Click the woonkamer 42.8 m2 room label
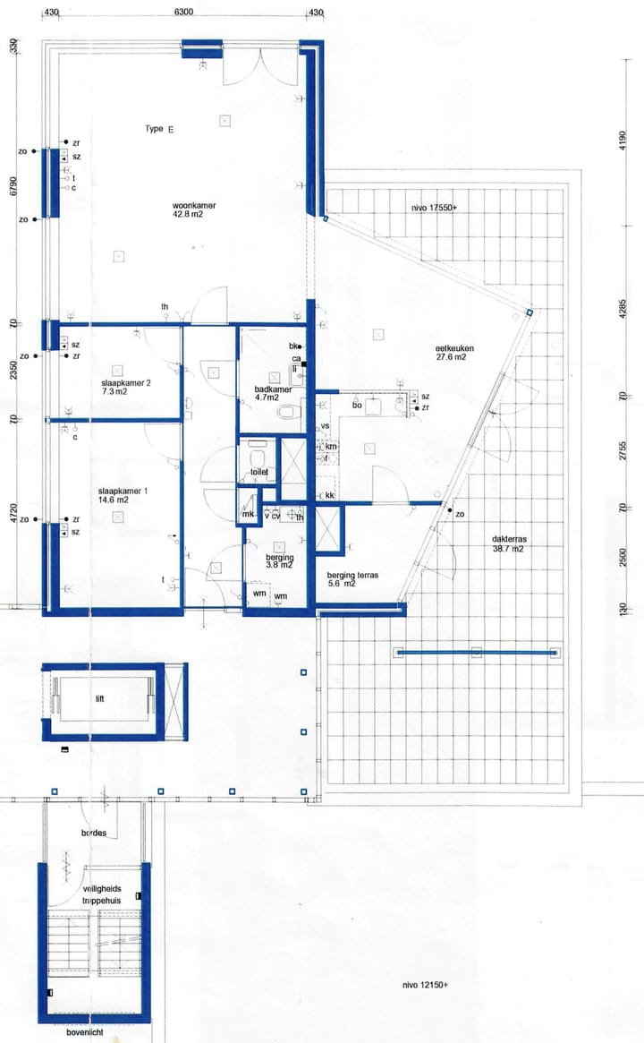194,210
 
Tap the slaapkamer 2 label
126,388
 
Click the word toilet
260,472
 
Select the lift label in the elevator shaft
99,698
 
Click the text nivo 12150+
425,985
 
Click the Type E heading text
159,129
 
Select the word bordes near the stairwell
95,833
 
